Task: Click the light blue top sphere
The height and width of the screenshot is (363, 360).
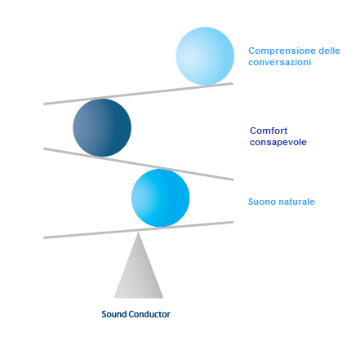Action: tap(205, 56)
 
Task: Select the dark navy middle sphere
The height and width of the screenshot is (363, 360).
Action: tap(102, 127)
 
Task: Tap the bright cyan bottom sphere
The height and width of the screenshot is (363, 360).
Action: tap(161, 197)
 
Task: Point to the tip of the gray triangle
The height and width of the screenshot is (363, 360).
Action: tap(138, 232)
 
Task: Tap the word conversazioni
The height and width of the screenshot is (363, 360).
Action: tap(280, 62)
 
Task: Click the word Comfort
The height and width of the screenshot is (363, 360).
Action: tap(269, 131)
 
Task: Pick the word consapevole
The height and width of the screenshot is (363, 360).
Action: tap(278, 142)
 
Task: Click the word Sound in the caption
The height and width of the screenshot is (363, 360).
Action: tap(113, 314)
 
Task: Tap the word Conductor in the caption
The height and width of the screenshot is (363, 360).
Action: tap(149, 314)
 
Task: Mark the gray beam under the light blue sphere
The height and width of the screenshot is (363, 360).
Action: tap(139, 94)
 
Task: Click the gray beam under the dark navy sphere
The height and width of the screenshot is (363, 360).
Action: tap(139, 164)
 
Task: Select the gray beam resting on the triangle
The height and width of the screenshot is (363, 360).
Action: tap(139, 230)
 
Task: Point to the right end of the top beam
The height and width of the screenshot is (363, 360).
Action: tap(233, 83)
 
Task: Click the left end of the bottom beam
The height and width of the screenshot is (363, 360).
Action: tap(44, 238)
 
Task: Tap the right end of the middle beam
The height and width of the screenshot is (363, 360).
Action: tap(233, 179)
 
